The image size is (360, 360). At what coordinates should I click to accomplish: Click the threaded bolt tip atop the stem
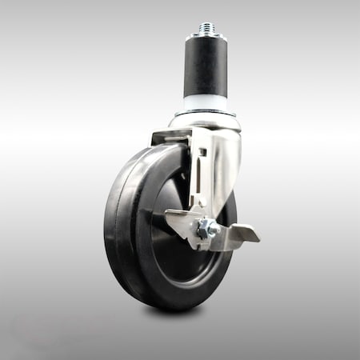click(207, 27)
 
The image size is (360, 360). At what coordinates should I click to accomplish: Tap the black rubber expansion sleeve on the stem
click(206, 68)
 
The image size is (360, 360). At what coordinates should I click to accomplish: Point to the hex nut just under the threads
click(206, 36)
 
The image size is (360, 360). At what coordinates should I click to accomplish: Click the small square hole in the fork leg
click(202, 152)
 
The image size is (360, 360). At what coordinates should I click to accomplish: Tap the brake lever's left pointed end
click(169, 214)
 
